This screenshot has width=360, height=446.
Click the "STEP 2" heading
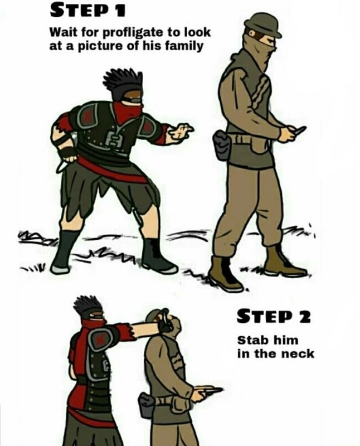[274, 317]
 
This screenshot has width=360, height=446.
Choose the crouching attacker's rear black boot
[62, 252]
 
